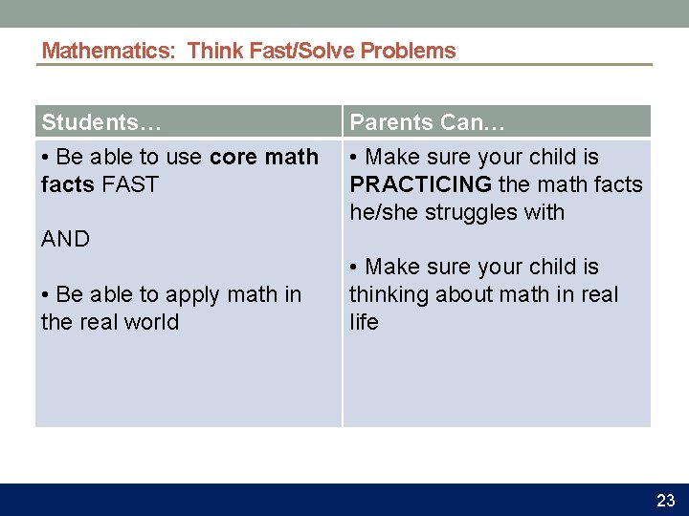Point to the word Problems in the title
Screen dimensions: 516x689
409,51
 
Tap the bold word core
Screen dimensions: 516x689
233,157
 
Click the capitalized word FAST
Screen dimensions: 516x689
129,184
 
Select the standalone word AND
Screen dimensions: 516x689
65,240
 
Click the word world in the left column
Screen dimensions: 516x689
152,322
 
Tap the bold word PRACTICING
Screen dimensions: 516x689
420,184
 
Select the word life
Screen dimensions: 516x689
364,322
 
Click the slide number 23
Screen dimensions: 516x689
665,501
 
